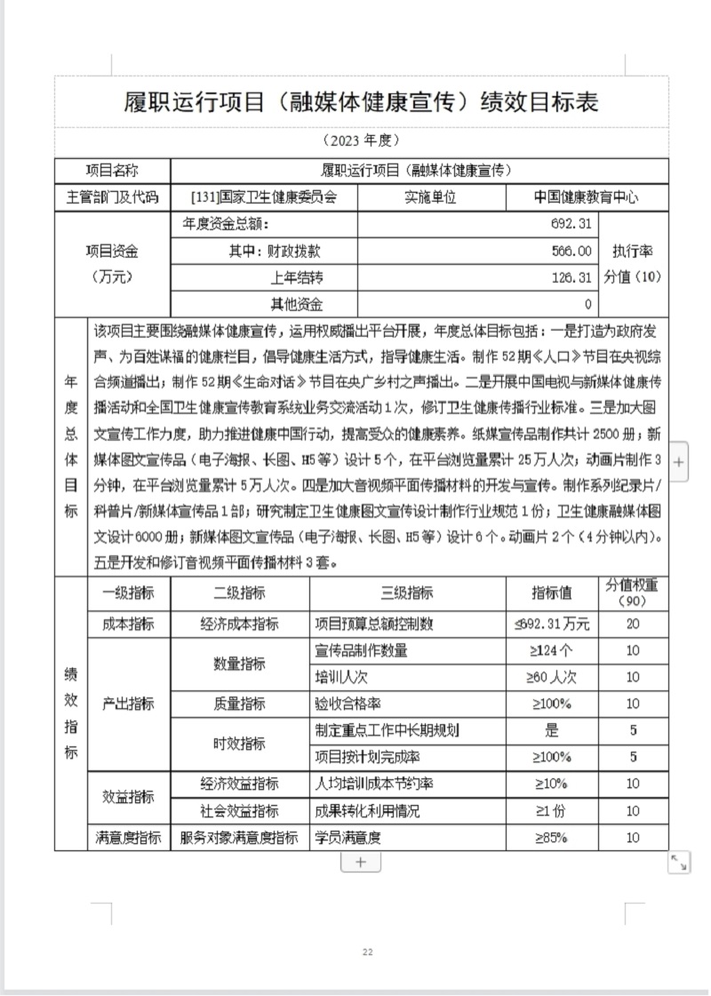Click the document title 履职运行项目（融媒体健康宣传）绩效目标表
[360, 102]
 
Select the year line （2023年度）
[361, 140]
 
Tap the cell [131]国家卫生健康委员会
[264, 197]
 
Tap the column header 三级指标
[407, 593]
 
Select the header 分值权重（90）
[632, 593]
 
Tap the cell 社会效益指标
[239, 810]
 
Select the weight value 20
[632, 624]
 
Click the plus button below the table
[361, 862]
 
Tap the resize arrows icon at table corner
[679, 861]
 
